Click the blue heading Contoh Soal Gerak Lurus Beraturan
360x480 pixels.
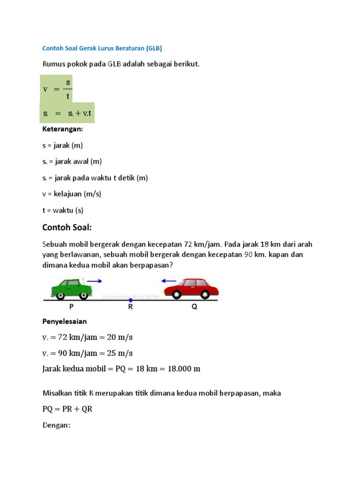102,48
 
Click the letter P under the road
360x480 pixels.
72,307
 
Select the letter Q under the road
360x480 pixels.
194,307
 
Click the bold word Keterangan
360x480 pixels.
62,128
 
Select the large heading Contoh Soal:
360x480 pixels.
67,227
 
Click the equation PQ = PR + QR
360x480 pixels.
67,409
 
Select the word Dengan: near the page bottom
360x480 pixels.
56,425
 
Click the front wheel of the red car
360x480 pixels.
176,294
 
